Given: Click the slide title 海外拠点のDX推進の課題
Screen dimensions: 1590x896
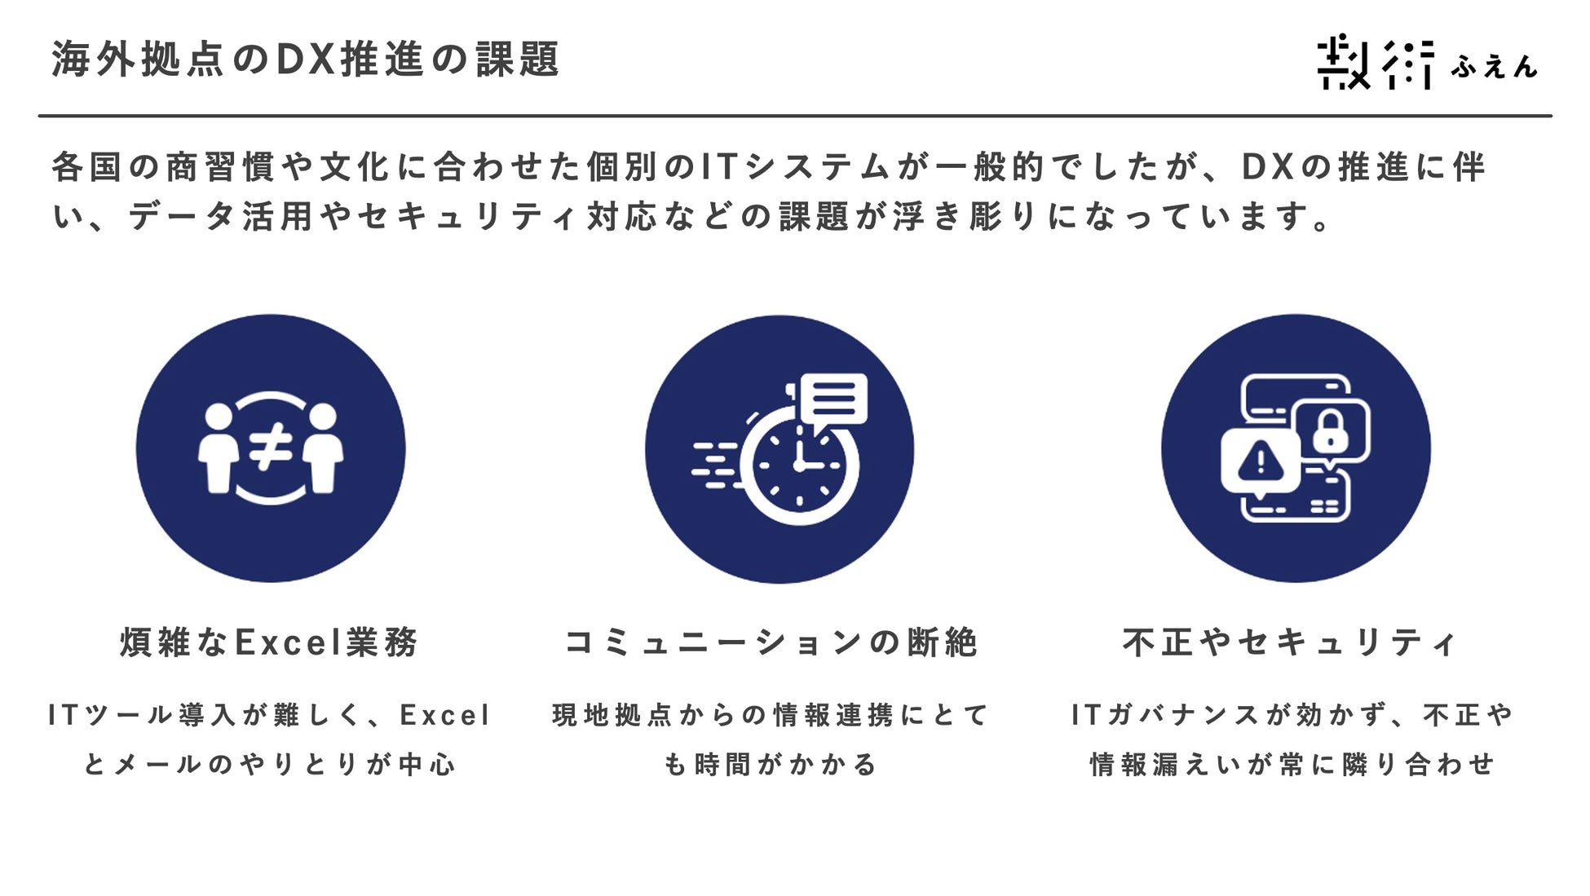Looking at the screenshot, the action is pyautogui.click(x=306, y=60).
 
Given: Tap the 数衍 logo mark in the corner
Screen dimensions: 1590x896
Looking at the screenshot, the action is pyautogui.click(x=1376, y=62).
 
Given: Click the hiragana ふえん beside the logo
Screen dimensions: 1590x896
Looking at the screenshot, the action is pyautogui.click(x=1494, y=65).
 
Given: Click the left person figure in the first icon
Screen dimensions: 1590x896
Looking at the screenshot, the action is pyautogui.click(x=218, y=449).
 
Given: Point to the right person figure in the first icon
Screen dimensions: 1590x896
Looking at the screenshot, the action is pyautogui.click(x=324, y=449).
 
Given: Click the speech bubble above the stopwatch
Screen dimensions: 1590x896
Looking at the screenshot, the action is pyautogui.click(x=833, y=400).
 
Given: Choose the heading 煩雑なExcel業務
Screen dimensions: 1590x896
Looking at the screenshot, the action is pyautogui.click(x=270, y=642).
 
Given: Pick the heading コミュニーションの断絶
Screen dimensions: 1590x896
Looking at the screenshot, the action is pyautogui.click(x=771, y=642).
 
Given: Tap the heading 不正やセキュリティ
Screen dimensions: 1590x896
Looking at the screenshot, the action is pyautogui.click(x=1289, y=642).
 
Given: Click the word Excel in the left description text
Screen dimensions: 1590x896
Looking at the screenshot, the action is pyautogui.click(x=445, y=716).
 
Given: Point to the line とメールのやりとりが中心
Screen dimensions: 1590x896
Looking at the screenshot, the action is pyautogui.click(x=270, y=765).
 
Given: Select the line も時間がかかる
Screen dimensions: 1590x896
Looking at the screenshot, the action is pyautogui.click(x=771, y=765).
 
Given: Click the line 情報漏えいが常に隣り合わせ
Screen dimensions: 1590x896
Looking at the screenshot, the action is pyautogui.click(x=1292, y=765).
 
